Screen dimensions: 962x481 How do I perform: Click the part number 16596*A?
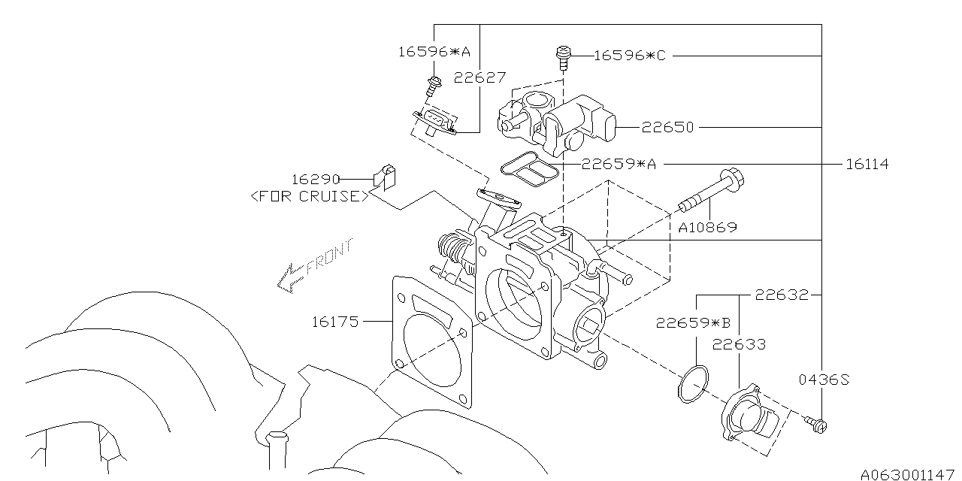[434, 52]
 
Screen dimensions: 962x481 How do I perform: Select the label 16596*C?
[630, 56]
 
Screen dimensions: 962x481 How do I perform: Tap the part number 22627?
[479, 77]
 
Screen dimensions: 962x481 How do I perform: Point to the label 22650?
[668, 127]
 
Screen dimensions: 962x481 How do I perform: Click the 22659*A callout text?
[619, 164]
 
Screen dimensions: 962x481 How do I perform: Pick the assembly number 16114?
[867, 164]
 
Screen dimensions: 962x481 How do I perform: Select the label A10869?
[708, 227]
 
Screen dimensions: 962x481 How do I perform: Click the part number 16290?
[315, 179]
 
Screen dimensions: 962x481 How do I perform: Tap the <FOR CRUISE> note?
[310, 196]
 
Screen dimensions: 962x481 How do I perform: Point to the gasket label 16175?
[335, 322]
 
